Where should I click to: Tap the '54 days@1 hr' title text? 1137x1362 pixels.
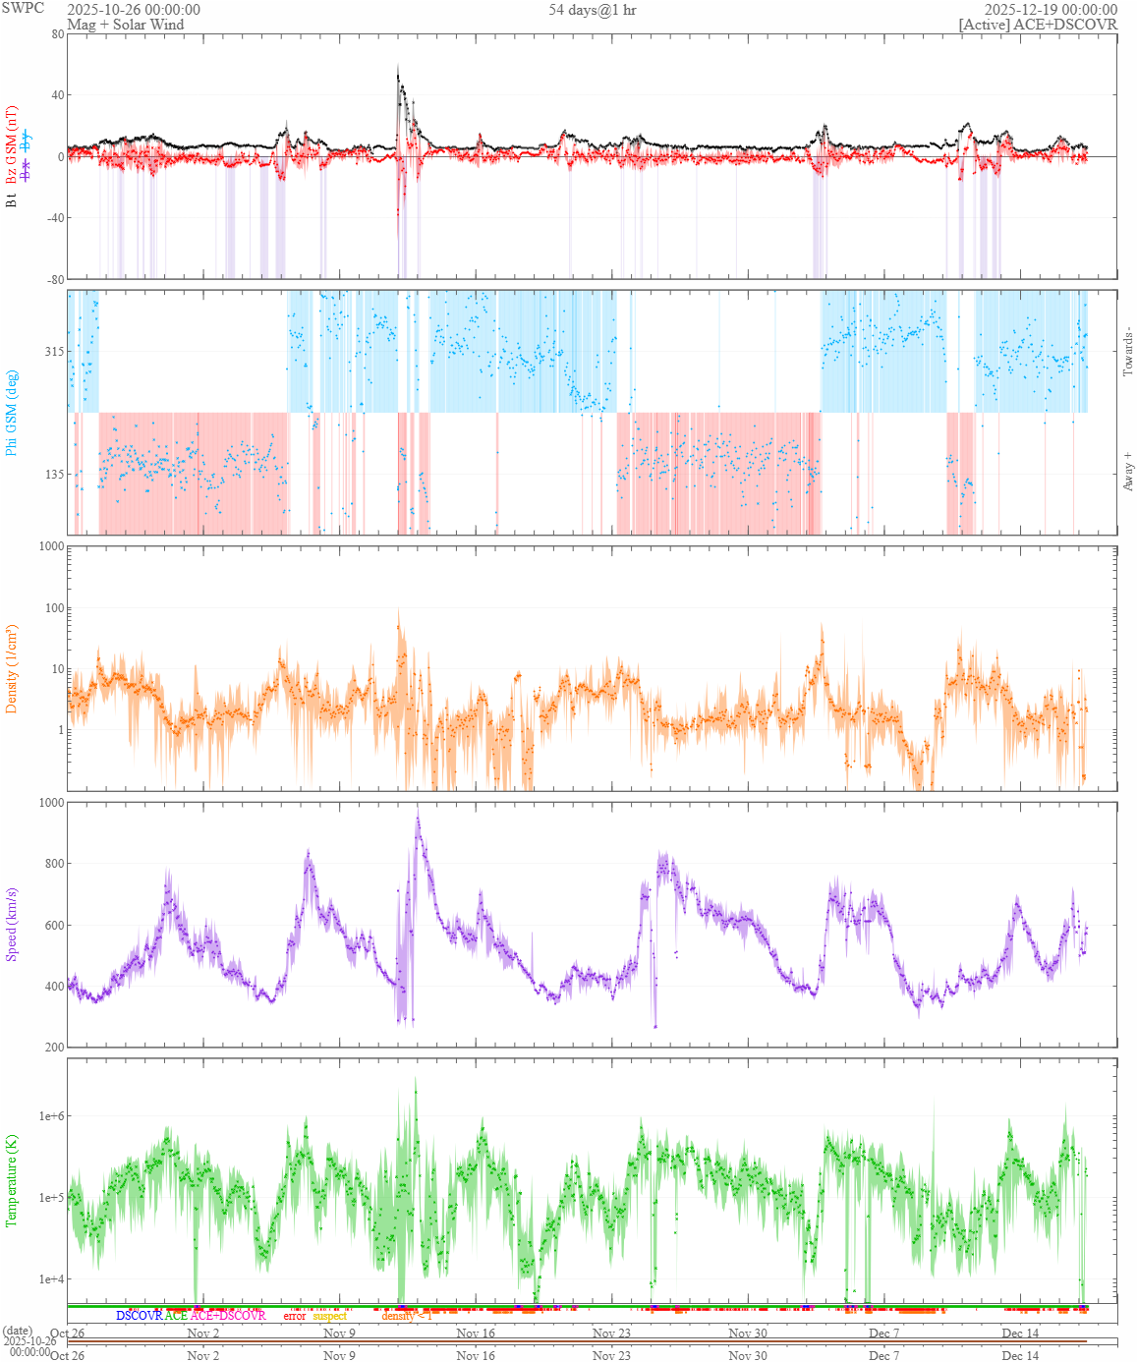(x=593, y=10)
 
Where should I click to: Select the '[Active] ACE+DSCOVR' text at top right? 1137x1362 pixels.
(x=1038, y=25)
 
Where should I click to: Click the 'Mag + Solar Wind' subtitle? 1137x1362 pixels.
(x=125, y=25)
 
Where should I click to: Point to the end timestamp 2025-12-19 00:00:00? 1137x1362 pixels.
(x=1051, y=10)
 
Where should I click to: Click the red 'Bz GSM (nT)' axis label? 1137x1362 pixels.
(x=12, y=144)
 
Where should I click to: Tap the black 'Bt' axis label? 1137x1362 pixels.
(x=12, y=199)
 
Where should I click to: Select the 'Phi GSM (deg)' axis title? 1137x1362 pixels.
(x=12, y=413)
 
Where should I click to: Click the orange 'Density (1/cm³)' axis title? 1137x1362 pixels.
(x=12, y=668)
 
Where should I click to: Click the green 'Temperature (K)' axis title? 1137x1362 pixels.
(x=12, y=1179)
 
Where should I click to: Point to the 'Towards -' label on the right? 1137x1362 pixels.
(x=1127, y=351)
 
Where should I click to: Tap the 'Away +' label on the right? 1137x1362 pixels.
(x=1127, y=472)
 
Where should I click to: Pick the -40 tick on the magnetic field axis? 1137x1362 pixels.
(x=53, y=218)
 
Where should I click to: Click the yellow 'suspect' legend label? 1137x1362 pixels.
(x=330, y=1316)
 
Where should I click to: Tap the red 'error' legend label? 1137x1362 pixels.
(x=295, y=1316)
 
